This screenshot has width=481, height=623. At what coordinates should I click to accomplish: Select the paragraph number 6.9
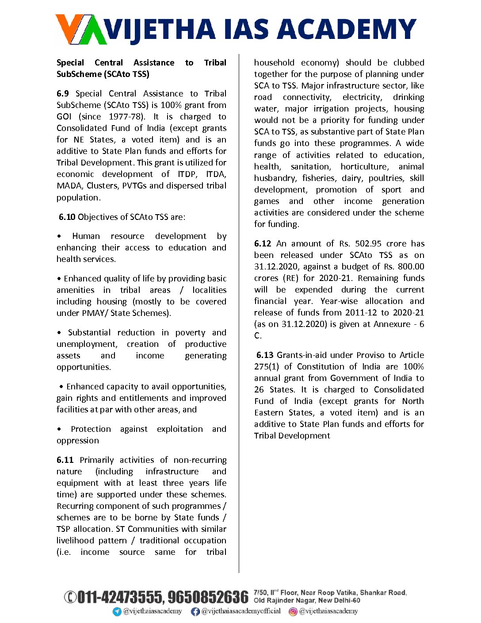63,94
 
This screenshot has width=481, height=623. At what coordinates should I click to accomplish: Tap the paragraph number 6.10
67,217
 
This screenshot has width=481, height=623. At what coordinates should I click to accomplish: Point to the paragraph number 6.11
65,460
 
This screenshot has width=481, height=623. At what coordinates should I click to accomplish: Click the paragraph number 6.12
263,244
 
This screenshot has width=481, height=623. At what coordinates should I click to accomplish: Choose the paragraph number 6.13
265,355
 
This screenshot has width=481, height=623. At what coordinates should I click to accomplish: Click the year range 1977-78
127,117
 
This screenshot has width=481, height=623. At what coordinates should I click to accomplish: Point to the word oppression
78,441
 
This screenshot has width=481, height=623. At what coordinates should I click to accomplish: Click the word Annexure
392,324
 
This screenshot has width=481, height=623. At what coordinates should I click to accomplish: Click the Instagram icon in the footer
293,611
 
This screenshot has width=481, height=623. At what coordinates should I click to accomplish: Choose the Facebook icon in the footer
195,611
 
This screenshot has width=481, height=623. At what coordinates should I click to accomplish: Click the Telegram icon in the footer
117,611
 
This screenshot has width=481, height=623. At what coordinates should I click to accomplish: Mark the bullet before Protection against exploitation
59,429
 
